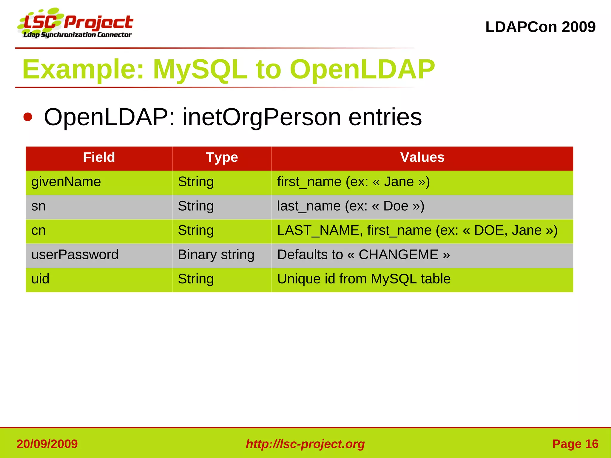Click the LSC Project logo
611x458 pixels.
(76, 24)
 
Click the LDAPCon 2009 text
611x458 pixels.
(540, 27)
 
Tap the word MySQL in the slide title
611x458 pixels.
(200, 70)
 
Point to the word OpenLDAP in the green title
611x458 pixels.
(362, 70)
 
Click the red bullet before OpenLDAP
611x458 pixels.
(28, 117)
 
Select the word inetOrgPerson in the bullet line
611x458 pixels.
(262, 117)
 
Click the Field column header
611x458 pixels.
(99, 158)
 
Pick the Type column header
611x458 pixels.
(222, 158)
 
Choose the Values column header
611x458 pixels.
(422, 158)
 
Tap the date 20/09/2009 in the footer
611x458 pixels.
(47, 444)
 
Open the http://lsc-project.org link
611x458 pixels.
(305, 444)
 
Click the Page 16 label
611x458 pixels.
(575, 444)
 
